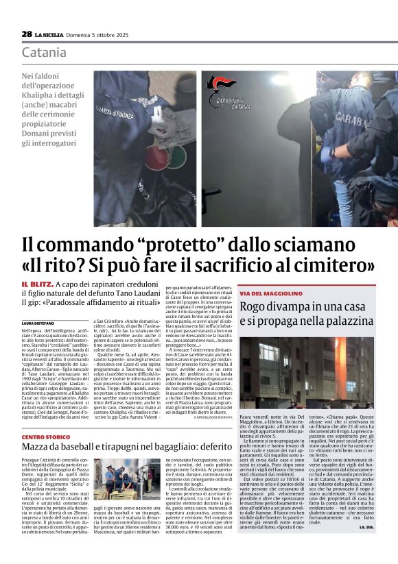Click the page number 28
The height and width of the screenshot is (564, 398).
pos(27,34)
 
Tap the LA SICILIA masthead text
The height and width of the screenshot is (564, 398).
pos(51,34)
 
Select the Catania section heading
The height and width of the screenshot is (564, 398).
pos(44,52)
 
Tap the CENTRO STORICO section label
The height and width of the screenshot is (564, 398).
pos(45,437)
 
